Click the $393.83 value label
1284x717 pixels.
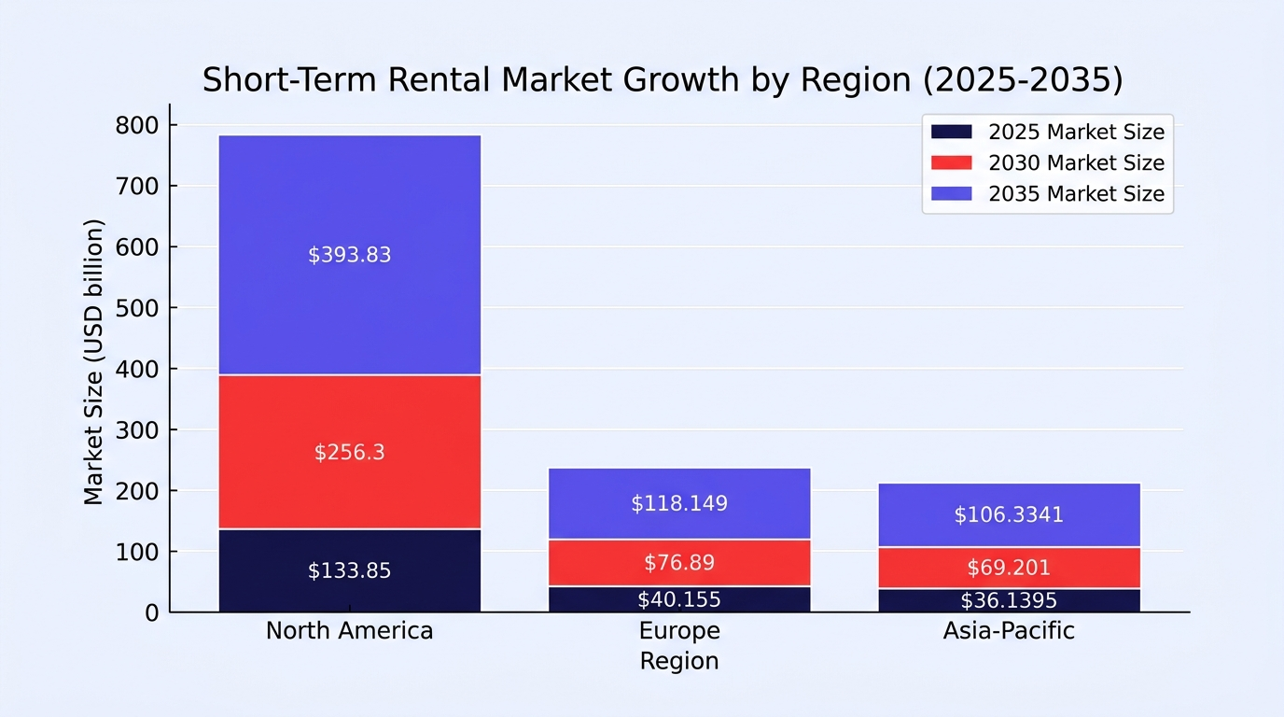[x=349, y=255]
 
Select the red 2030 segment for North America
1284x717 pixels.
[x=350, y=452]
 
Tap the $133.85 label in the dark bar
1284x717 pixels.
[x=349, y=570]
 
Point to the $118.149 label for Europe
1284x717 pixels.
[x=679, y=503]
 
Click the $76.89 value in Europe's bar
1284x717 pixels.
[x=679, y=563]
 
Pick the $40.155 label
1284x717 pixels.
[x=679, y=600]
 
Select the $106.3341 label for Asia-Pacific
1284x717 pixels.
[x=1009, y=515]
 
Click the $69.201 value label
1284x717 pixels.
[x=1009, y=568]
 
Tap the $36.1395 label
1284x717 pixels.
[x=1009, y=601]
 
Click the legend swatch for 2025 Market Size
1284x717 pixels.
[x=952, y=132]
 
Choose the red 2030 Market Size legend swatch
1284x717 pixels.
[x=952, y=162]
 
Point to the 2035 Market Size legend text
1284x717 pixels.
[x=1077, y=194]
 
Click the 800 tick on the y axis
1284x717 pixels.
[x=137, y=126]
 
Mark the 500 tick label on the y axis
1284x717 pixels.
[x=137, y=309]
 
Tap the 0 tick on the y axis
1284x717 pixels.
[x=152, y=613]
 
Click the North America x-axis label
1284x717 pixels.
[x=350, y=631]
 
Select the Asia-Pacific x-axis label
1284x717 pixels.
[x=1009, y=631]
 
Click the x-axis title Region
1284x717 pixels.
[x=679, y=661]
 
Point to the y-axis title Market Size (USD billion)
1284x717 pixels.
[x=93, y=362]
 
